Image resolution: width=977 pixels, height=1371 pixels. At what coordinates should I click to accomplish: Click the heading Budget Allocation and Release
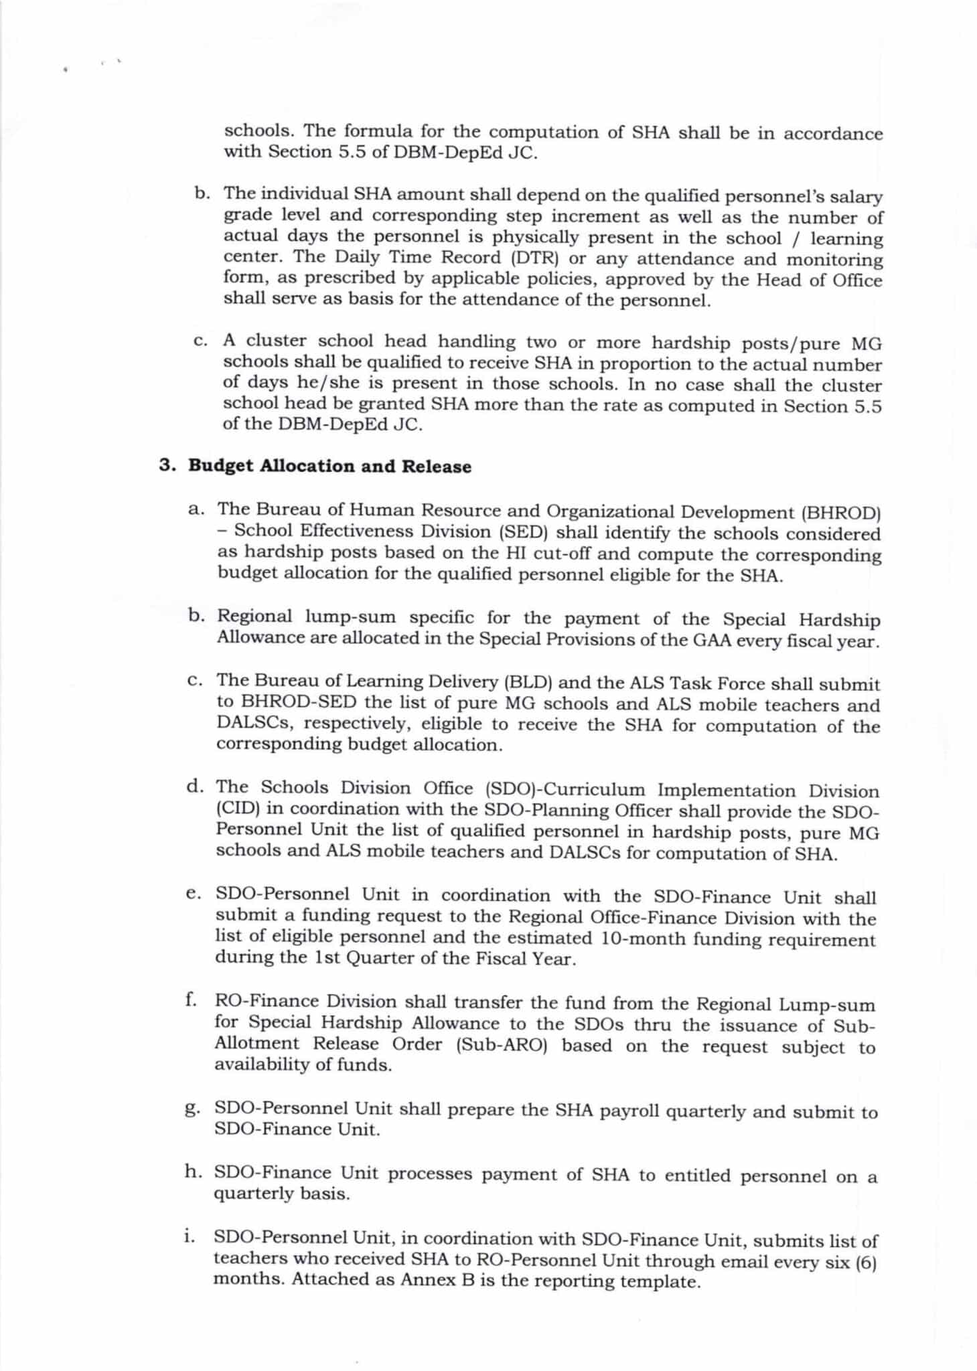coord(329,466)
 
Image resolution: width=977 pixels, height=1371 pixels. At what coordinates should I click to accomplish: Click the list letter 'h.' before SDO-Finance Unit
coord(194,1172)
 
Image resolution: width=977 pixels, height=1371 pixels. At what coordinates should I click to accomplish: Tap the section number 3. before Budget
coord(167,466)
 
